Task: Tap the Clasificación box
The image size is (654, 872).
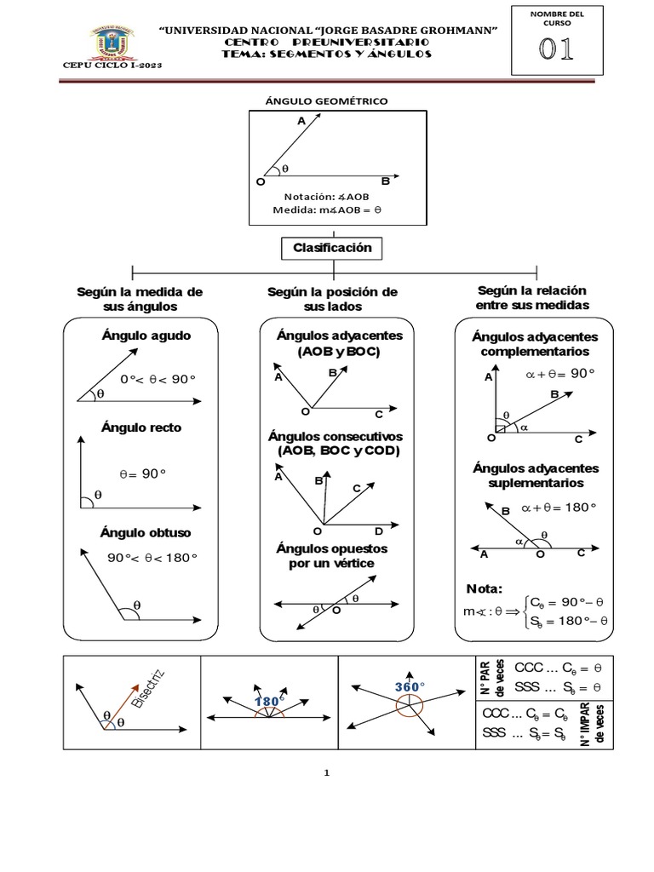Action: (333, 248)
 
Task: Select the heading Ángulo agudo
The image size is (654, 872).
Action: (146, 336)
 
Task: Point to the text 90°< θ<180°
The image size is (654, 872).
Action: (152, 559)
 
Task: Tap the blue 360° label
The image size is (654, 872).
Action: (410, 686)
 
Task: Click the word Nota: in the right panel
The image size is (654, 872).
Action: (485, 589)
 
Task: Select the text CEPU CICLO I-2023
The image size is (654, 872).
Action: (112, 66)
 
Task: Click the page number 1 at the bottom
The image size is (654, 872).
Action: (326, 773)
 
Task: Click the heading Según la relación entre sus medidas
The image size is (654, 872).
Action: (533, 297)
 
